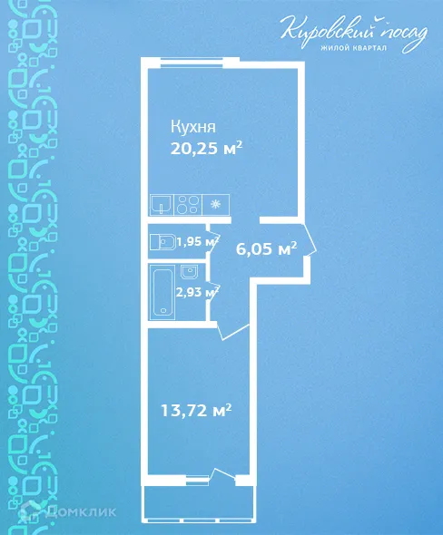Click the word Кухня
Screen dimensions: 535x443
(x=196, y=127)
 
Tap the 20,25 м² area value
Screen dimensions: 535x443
(x=210, y=149)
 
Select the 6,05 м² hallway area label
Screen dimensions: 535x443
(x=267, y=248)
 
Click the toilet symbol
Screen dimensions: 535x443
(x=164, y=242)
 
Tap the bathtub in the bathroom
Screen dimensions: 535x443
(x=164, y=292)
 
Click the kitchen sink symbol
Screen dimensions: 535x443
(x=162, y=204)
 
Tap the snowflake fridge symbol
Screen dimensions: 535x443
(x=215, y=204)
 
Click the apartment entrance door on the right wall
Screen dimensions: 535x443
(x=308, y=244)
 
